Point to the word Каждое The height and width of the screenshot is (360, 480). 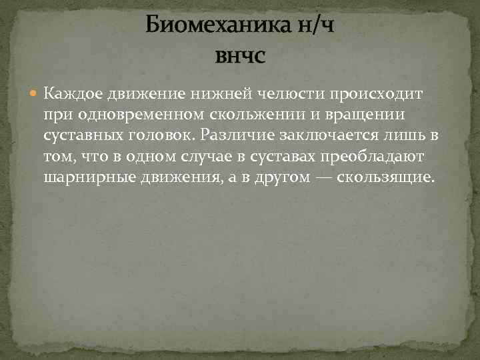[69, 92]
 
